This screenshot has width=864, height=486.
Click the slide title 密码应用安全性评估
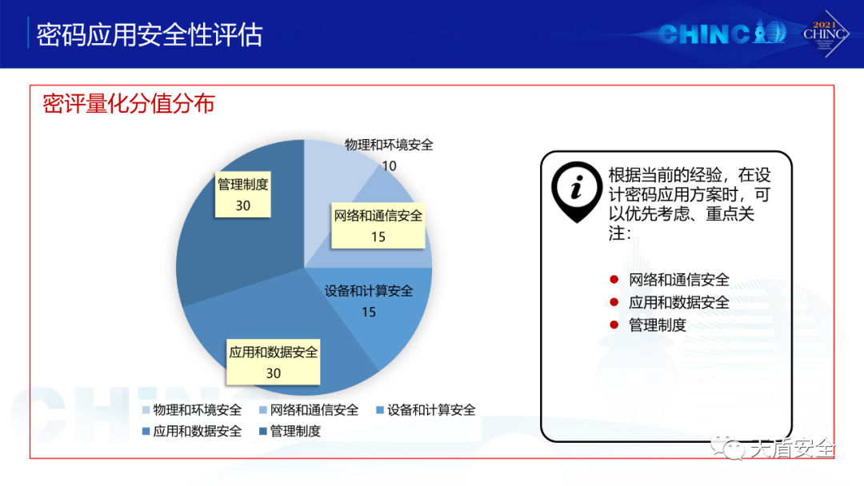click(150, 35)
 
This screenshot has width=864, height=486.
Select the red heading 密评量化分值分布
click(129, 103)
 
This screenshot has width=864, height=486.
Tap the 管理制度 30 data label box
click(242, 194)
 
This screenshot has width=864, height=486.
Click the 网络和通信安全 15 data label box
click(378, 225)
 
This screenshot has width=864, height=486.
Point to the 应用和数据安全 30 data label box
click(274, 361)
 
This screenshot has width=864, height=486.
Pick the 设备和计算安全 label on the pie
click(369, 291)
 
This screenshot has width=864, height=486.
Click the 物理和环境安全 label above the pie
click(389, 145)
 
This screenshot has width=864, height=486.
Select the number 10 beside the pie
click(389, 165)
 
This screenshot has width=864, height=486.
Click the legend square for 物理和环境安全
click(146, 410)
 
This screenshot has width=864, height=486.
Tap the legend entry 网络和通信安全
click(309, 410)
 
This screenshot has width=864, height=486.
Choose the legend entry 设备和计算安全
click(426, 410)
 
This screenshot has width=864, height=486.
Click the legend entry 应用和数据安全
click(192, 431)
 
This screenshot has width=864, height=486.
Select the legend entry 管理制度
click(290, 431)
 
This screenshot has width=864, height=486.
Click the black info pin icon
click(576, 191)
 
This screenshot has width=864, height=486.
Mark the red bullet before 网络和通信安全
click(614, 280)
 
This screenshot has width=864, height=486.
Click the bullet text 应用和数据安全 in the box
click(679, 302)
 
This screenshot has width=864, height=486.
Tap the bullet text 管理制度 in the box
click(658, 325)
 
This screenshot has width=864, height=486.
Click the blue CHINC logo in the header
click(722, 33)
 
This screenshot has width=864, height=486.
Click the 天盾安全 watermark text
click(792, 448)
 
